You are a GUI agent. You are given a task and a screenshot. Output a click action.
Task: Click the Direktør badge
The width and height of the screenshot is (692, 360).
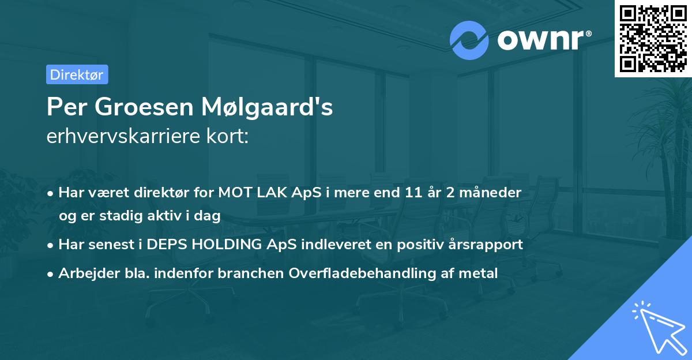coord(77,74)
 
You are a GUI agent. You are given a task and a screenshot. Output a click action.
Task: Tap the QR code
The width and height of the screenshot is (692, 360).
coord(653,38)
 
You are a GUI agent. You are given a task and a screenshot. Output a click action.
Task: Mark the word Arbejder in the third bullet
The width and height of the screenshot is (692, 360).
coord(84,273)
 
